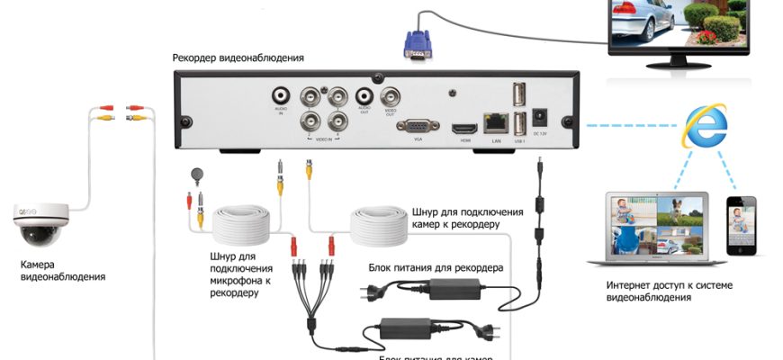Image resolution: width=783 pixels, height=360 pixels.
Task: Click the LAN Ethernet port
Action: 494,121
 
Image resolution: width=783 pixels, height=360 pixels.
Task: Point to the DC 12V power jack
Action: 541,118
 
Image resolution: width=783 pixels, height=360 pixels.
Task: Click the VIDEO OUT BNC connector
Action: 392,96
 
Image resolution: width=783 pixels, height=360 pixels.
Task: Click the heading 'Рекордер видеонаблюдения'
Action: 238,58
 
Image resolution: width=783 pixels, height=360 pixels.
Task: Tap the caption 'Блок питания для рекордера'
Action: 436,267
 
